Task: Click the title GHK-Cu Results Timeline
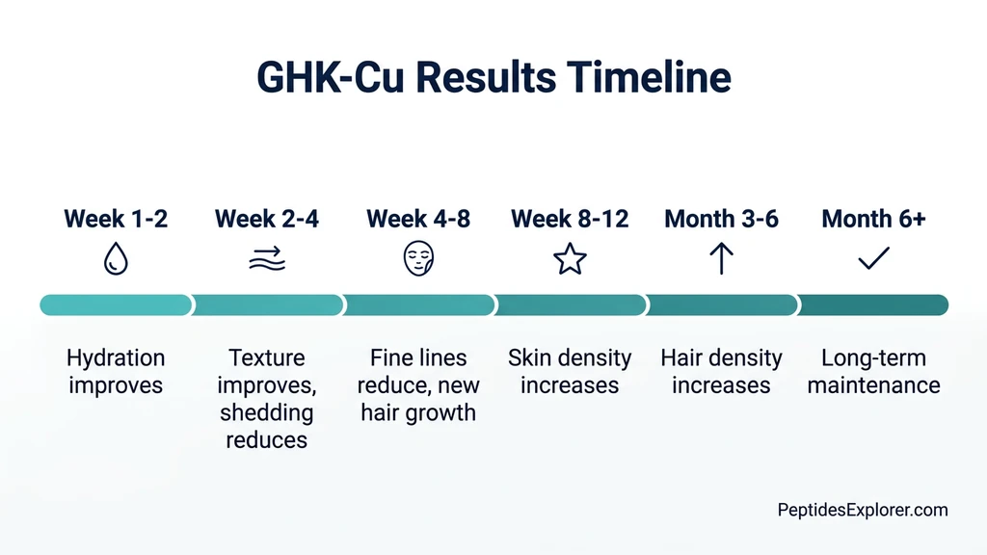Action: [x=493, y=77]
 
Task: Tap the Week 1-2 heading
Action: [x=116, y=219]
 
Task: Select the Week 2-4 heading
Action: [x=267, y=219]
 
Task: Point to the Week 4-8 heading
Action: [x=418, y=219]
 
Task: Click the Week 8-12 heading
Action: [x=570, y=219]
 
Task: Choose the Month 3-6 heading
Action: [x=721, y=219]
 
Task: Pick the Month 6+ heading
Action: [x=873, y=219]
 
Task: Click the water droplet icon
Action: [x=116, y=259]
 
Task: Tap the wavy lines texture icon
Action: [x=267, y=259]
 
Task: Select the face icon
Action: [x=418, y=259]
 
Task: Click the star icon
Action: [x=570, y=259]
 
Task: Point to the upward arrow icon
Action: [x=721, y=259]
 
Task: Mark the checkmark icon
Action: [x=873, y=258]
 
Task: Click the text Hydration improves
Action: [x=116, y=372]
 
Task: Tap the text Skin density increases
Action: [x=570, y=372]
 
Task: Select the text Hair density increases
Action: [x=721, y=372]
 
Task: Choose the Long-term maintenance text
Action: [x=873, y=372]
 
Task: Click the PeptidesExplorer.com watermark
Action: [x=863, y=511]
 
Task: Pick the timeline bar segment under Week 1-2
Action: [x=116, y=305]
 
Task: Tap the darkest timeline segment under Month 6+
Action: [x=873, y=305]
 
